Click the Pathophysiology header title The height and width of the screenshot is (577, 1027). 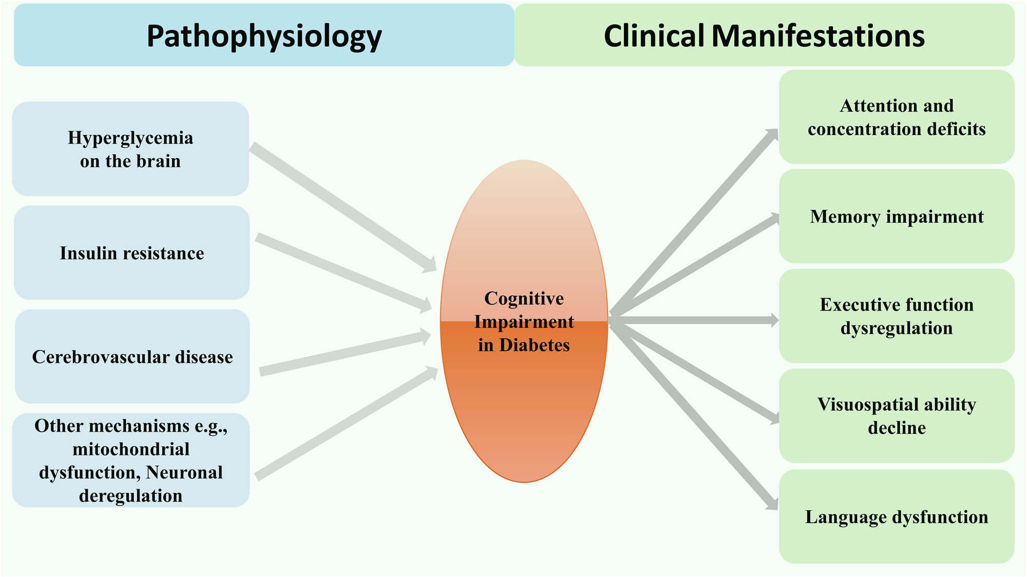264,36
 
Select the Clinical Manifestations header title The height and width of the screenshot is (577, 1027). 764,36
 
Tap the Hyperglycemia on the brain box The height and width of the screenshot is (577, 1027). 130,149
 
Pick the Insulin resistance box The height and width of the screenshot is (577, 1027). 131,253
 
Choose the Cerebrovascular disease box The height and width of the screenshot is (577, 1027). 132,357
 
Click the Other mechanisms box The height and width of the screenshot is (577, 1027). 131,460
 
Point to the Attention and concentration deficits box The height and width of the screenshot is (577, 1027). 897,117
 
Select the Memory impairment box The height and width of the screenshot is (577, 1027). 897,217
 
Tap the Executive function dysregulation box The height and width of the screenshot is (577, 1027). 897,316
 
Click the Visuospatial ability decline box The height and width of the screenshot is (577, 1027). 897,416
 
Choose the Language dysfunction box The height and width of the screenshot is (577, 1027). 897,517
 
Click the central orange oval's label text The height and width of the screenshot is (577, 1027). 524,321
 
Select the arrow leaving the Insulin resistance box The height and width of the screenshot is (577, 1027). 343,272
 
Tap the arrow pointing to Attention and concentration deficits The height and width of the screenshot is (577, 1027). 693,222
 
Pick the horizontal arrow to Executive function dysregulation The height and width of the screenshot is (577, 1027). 693,320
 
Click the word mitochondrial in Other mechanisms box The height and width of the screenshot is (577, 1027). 131,449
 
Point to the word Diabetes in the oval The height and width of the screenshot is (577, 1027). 535,345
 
